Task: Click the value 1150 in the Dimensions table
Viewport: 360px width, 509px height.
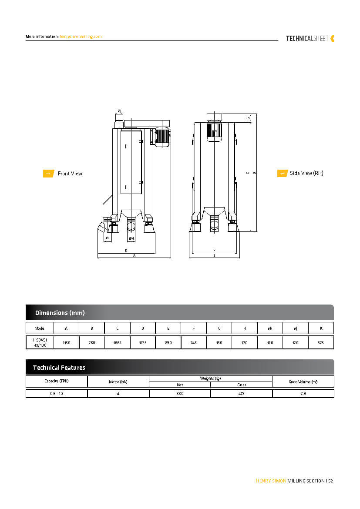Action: tap(66, 343)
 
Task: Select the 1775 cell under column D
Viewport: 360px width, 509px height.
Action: tap(142, 343)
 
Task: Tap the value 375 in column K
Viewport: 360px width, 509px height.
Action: tap(320, 343)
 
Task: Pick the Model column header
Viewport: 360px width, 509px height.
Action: tap(40, 328)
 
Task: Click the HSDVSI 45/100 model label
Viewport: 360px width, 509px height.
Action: tap(40, 343)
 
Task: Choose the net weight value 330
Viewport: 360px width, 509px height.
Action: tap(180, 394)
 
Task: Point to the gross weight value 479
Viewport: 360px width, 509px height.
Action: tap(242, 394)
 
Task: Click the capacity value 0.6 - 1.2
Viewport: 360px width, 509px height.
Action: tap(57, 394)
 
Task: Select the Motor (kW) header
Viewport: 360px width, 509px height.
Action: tap(118, 382)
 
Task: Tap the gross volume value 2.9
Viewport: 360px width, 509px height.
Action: tap(303, 394)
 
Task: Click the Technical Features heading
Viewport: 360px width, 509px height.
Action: tap(59, 368)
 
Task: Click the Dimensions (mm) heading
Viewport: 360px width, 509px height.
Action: tap(60, 313)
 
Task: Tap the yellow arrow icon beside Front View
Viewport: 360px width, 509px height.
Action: tap(48, 174)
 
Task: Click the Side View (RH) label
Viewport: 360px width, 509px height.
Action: tap(306, 173)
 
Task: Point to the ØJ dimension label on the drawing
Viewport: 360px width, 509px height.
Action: tap(120, 112)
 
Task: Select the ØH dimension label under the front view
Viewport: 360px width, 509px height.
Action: tap(131, 238)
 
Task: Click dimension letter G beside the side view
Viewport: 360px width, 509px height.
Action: tap(248, 118)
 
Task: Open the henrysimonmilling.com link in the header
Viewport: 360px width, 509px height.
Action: tap(81, 37)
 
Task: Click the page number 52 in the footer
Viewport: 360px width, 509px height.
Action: tap(331, 481)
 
